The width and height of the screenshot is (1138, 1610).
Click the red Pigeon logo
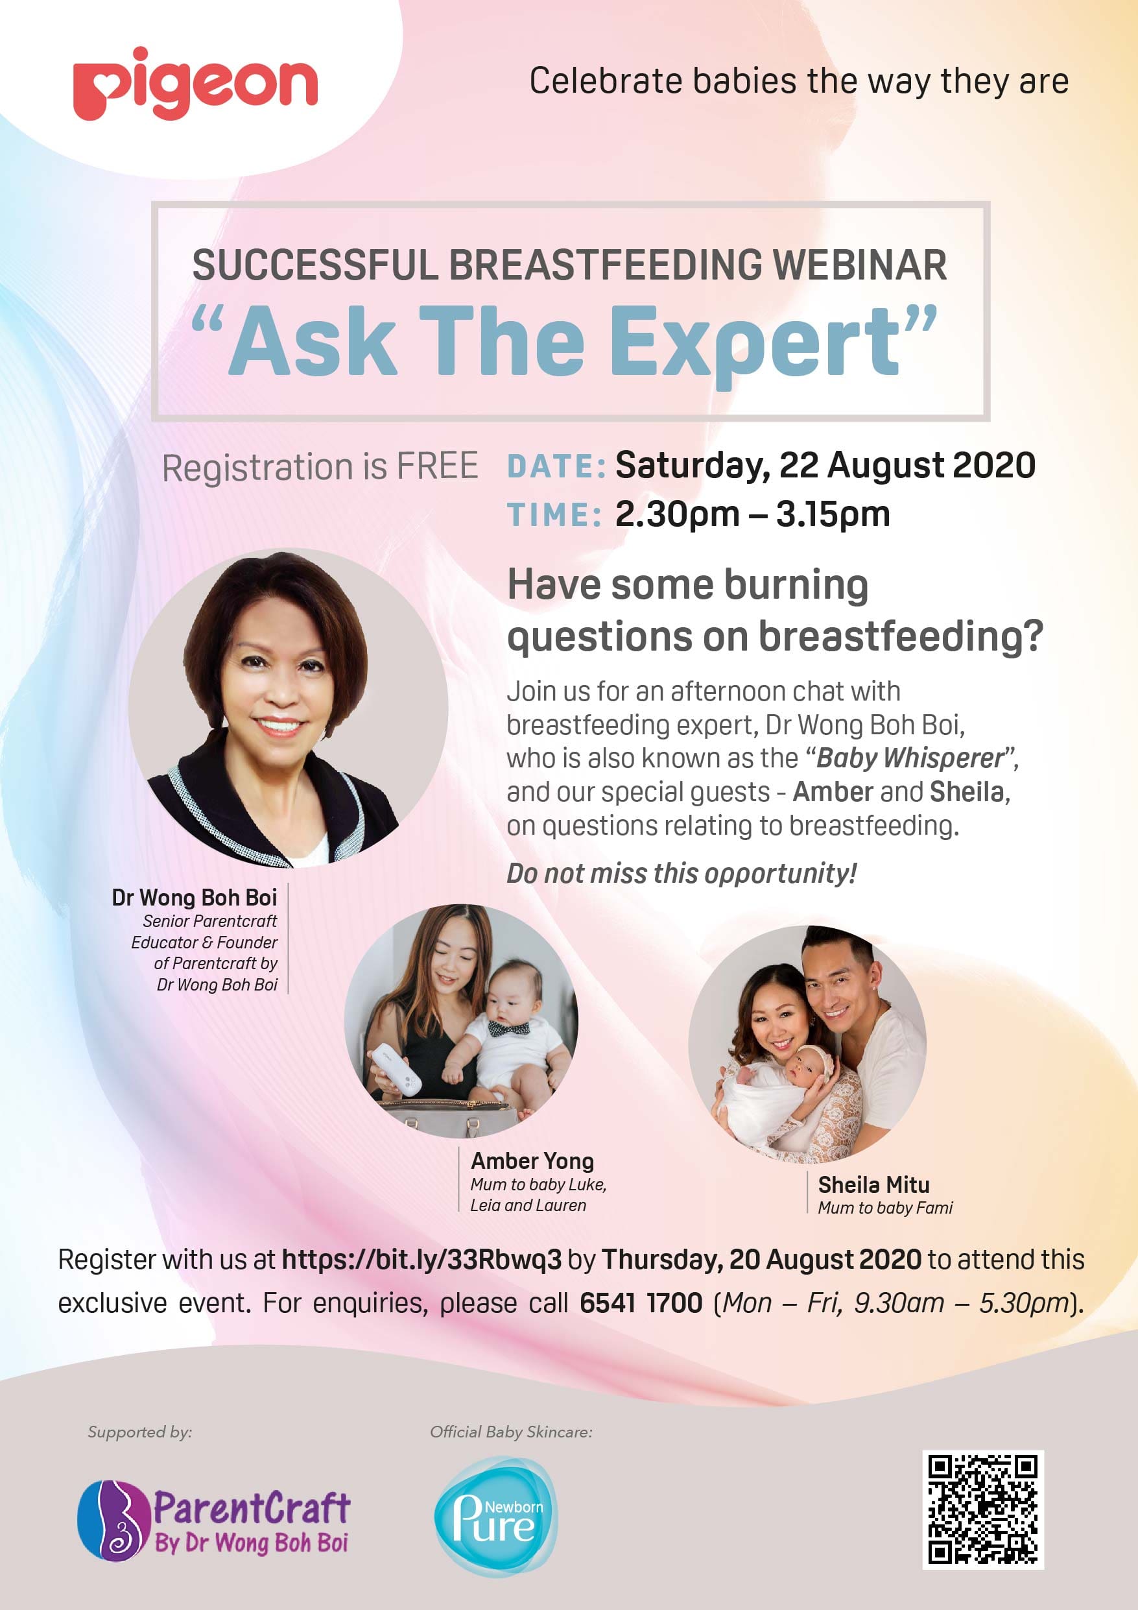(195, 85)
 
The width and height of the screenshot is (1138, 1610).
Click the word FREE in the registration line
(438, 467)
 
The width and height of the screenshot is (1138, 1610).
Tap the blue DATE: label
(556, 467)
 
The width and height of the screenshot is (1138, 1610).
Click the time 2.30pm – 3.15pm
(752, 514)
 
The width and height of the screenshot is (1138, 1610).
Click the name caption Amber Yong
(532, 1161)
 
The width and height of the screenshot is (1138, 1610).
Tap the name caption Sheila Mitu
(873, 1185)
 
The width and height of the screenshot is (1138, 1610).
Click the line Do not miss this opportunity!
(682, 874)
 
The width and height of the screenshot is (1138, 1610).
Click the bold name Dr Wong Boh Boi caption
(195, 898)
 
